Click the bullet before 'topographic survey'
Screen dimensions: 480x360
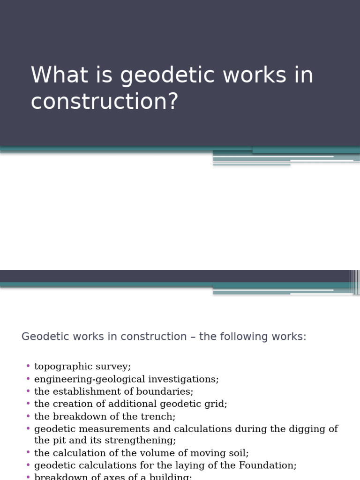click(x=28, y=366)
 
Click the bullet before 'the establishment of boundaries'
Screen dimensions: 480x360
click(x=28, y=390)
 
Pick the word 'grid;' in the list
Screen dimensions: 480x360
click(x=216, y=404)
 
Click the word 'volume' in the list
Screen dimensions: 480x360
click(x=142, y=453)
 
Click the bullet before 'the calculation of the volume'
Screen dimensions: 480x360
click(x=28, y=452)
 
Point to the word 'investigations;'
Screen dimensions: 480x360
click(x=187, y=379)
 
